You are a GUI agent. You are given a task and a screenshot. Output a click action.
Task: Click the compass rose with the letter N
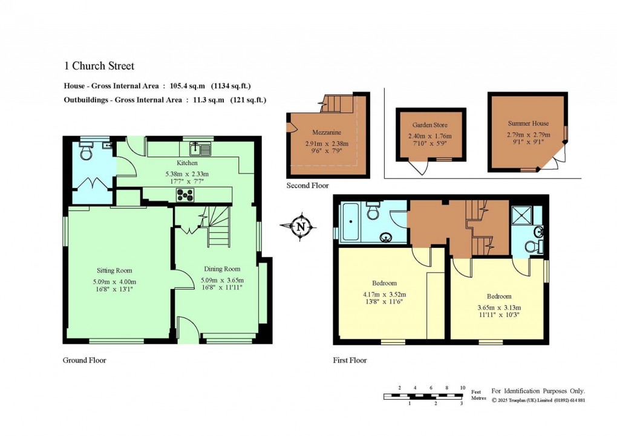(x=300, y=227)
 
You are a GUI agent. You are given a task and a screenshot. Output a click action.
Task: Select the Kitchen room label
(x=187, y=163)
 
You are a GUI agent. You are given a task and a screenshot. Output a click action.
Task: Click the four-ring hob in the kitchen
(x=185, y=195)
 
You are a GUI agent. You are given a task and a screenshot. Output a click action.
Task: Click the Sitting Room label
(x=114, y=270)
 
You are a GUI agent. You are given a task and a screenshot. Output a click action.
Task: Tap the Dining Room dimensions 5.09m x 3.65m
(x=220, y=281)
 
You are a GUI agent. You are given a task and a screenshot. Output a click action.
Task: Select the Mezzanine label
(x=327, y=132)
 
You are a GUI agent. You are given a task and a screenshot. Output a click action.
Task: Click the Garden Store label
(x=430, y=125)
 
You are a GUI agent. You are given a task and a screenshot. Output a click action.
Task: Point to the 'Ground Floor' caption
(x=85, y=360)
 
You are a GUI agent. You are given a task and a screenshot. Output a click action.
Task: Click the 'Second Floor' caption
(x=307, y=186)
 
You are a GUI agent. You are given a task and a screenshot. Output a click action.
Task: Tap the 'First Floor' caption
(x=350, y=360)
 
